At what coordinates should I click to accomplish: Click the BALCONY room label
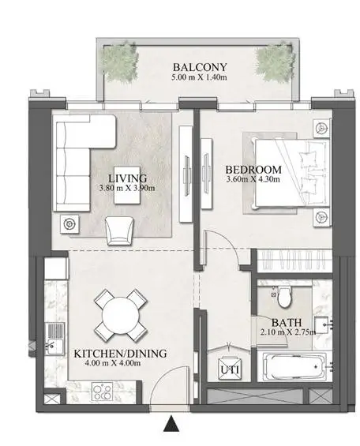coord(200,67)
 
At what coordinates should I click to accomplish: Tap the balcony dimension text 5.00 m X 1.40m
coord(199,77)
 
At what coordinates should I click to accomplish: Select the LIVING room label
coord(128,178)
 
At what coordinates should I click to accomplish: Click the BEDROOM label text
coord(253,170)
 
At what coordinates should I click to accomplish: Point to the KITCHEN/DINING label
coord(120,354)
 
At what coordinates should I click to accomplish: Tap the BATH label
coord(287,323)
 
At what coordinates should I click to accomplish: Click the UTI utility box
coord(230,369)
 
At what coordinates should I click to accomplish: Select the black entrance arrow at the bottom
coord(171,424)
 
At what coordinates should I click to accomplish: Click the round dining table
coord(121,315)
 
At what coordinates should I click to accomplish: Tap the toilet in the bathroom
coord(284,297)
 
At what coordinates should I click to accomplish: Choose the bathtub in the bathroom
coord(294,367)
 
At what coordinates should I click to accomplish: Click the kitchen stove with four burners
coord(103,392)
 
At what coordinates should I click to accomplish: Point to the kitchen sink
coord(55,339)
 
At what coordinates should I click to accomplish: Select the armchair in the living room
coord(119,230)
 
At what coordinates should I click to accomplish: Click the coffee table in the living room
coord(127,186)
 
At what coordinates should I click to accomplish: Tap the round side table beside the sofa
coord(69,224)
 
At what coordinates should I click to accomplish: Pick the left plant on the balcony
coord(121,62)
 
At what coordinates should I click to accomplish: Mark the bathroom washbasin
coord(322,324)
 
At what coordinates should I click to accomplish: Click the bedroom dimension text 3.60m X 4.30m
coord(253,179)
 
